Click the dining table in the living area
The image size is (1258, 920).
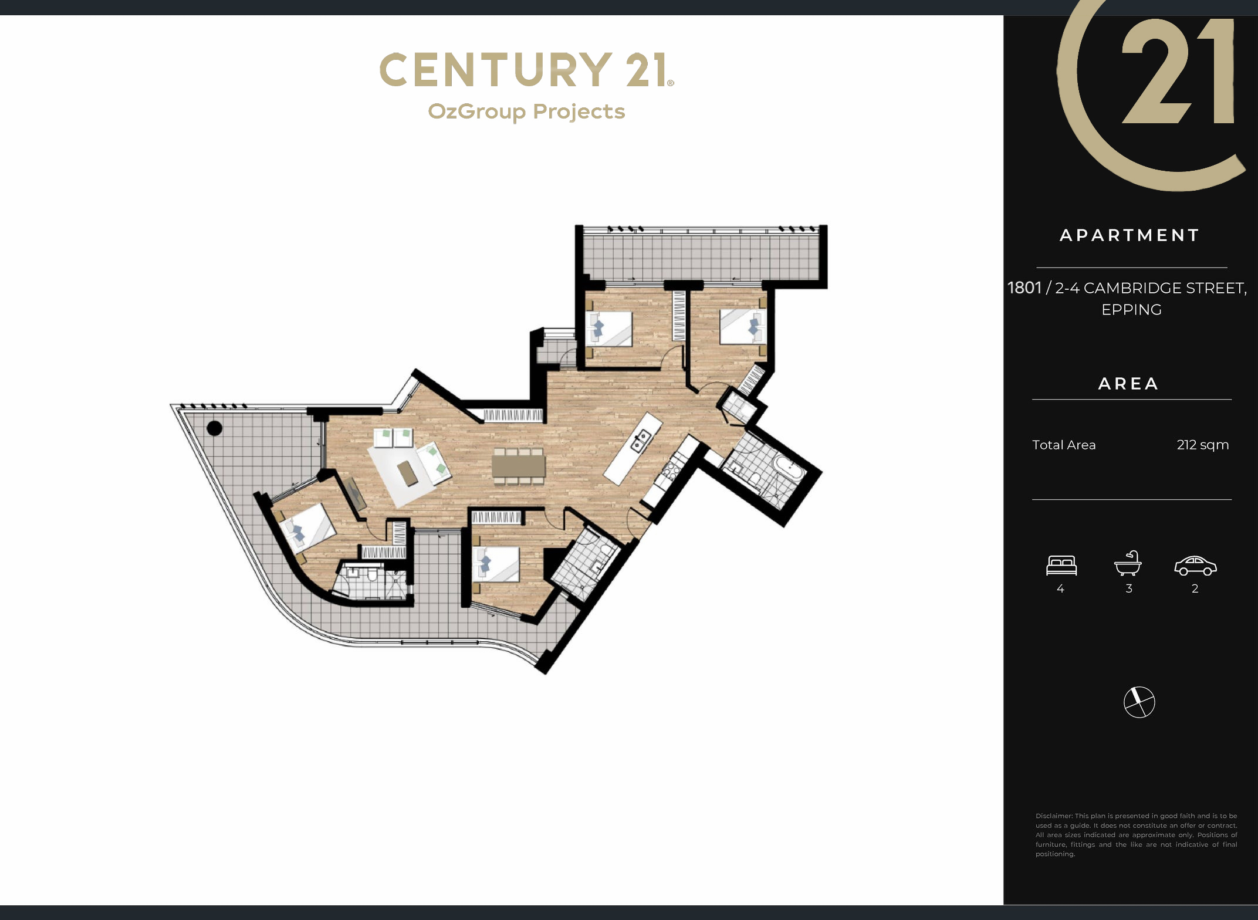pyautogui.click(x=518, y=466)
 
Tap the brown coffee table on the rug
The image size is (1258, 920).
pyautogui.click(x=408, y=473)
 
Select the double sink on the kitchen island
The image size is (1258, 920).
pyautogui.click(x=641, y=440)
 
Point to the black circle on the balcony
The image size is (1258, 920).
pyautogui.click(x=215, y=428)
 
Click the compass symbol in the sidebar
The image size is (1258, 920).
pyautogui.click(x=1139, y=702)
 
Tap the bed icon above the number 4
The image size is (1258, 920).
pyautogui.click(x=1061, y=565)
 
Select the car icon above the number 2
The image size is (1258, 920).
pyautogui.click(x=1195, y=566)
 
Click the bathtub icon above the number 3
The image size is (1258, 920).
pyautogui.click(x=1128, y=563)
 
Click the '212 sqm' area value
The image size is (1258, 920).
pyautogui.click(x=1202, y=445)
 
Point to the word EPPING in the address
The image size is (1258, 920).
pyautogui.click(x=1131, y=310)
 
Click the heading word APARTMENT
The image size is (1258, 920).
pyautogui.click(x=1130, y=235)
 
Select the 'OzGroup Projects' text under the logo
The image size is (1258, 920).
pyautogui.click(x=526, y=111)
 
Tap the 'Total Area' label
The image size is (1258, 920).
pyautogui.click(x=1064, y=445)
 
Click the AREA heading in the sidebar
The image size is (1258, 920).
pyautogui.click(x=1128, y=384)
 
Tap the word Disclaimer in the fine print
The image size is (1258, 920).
pyautogui.click(x=1054, y=816)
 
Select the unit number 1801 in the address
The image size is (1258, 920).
pyautogui.click(x=1024, y=288)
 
